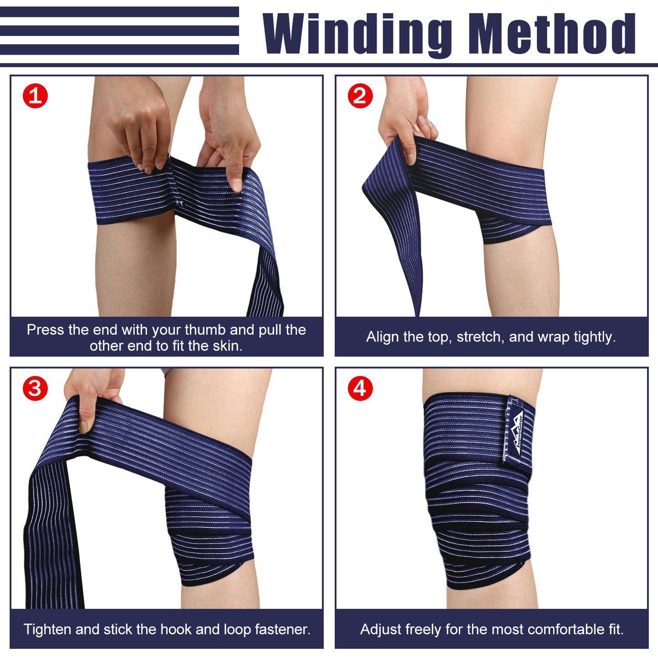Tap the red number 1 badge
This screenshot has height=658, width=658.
pos(35,96)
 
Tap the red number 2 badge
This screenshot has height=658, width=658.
pos(360,96)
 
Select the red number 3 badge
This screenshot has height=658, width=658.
pos(35,388)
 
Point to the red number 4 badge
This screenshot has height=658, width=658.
pos(360,388)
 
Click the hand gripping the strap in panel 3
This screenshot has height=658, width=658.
pos(93,396)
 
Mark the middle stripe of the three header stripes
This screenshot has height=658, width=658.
pos(119,31)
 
